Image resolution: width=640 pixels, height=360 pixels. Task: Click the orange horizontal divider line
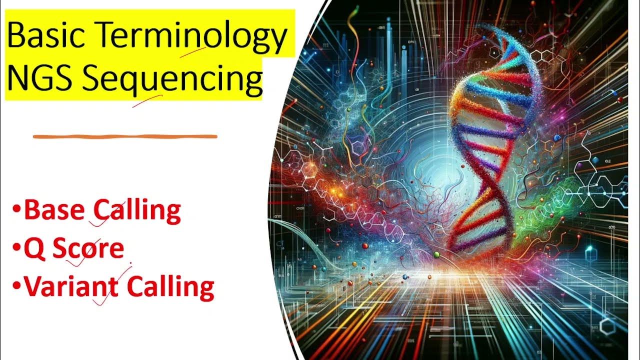pyautogui.click(x=125, y=136)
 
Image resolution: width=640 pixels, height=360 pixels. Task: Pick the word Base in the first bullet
pyautogui.click(x=55, y=211)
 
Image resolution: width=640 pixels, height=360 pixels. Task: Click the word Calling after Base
pyautogui.click(x=138, y=211)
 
